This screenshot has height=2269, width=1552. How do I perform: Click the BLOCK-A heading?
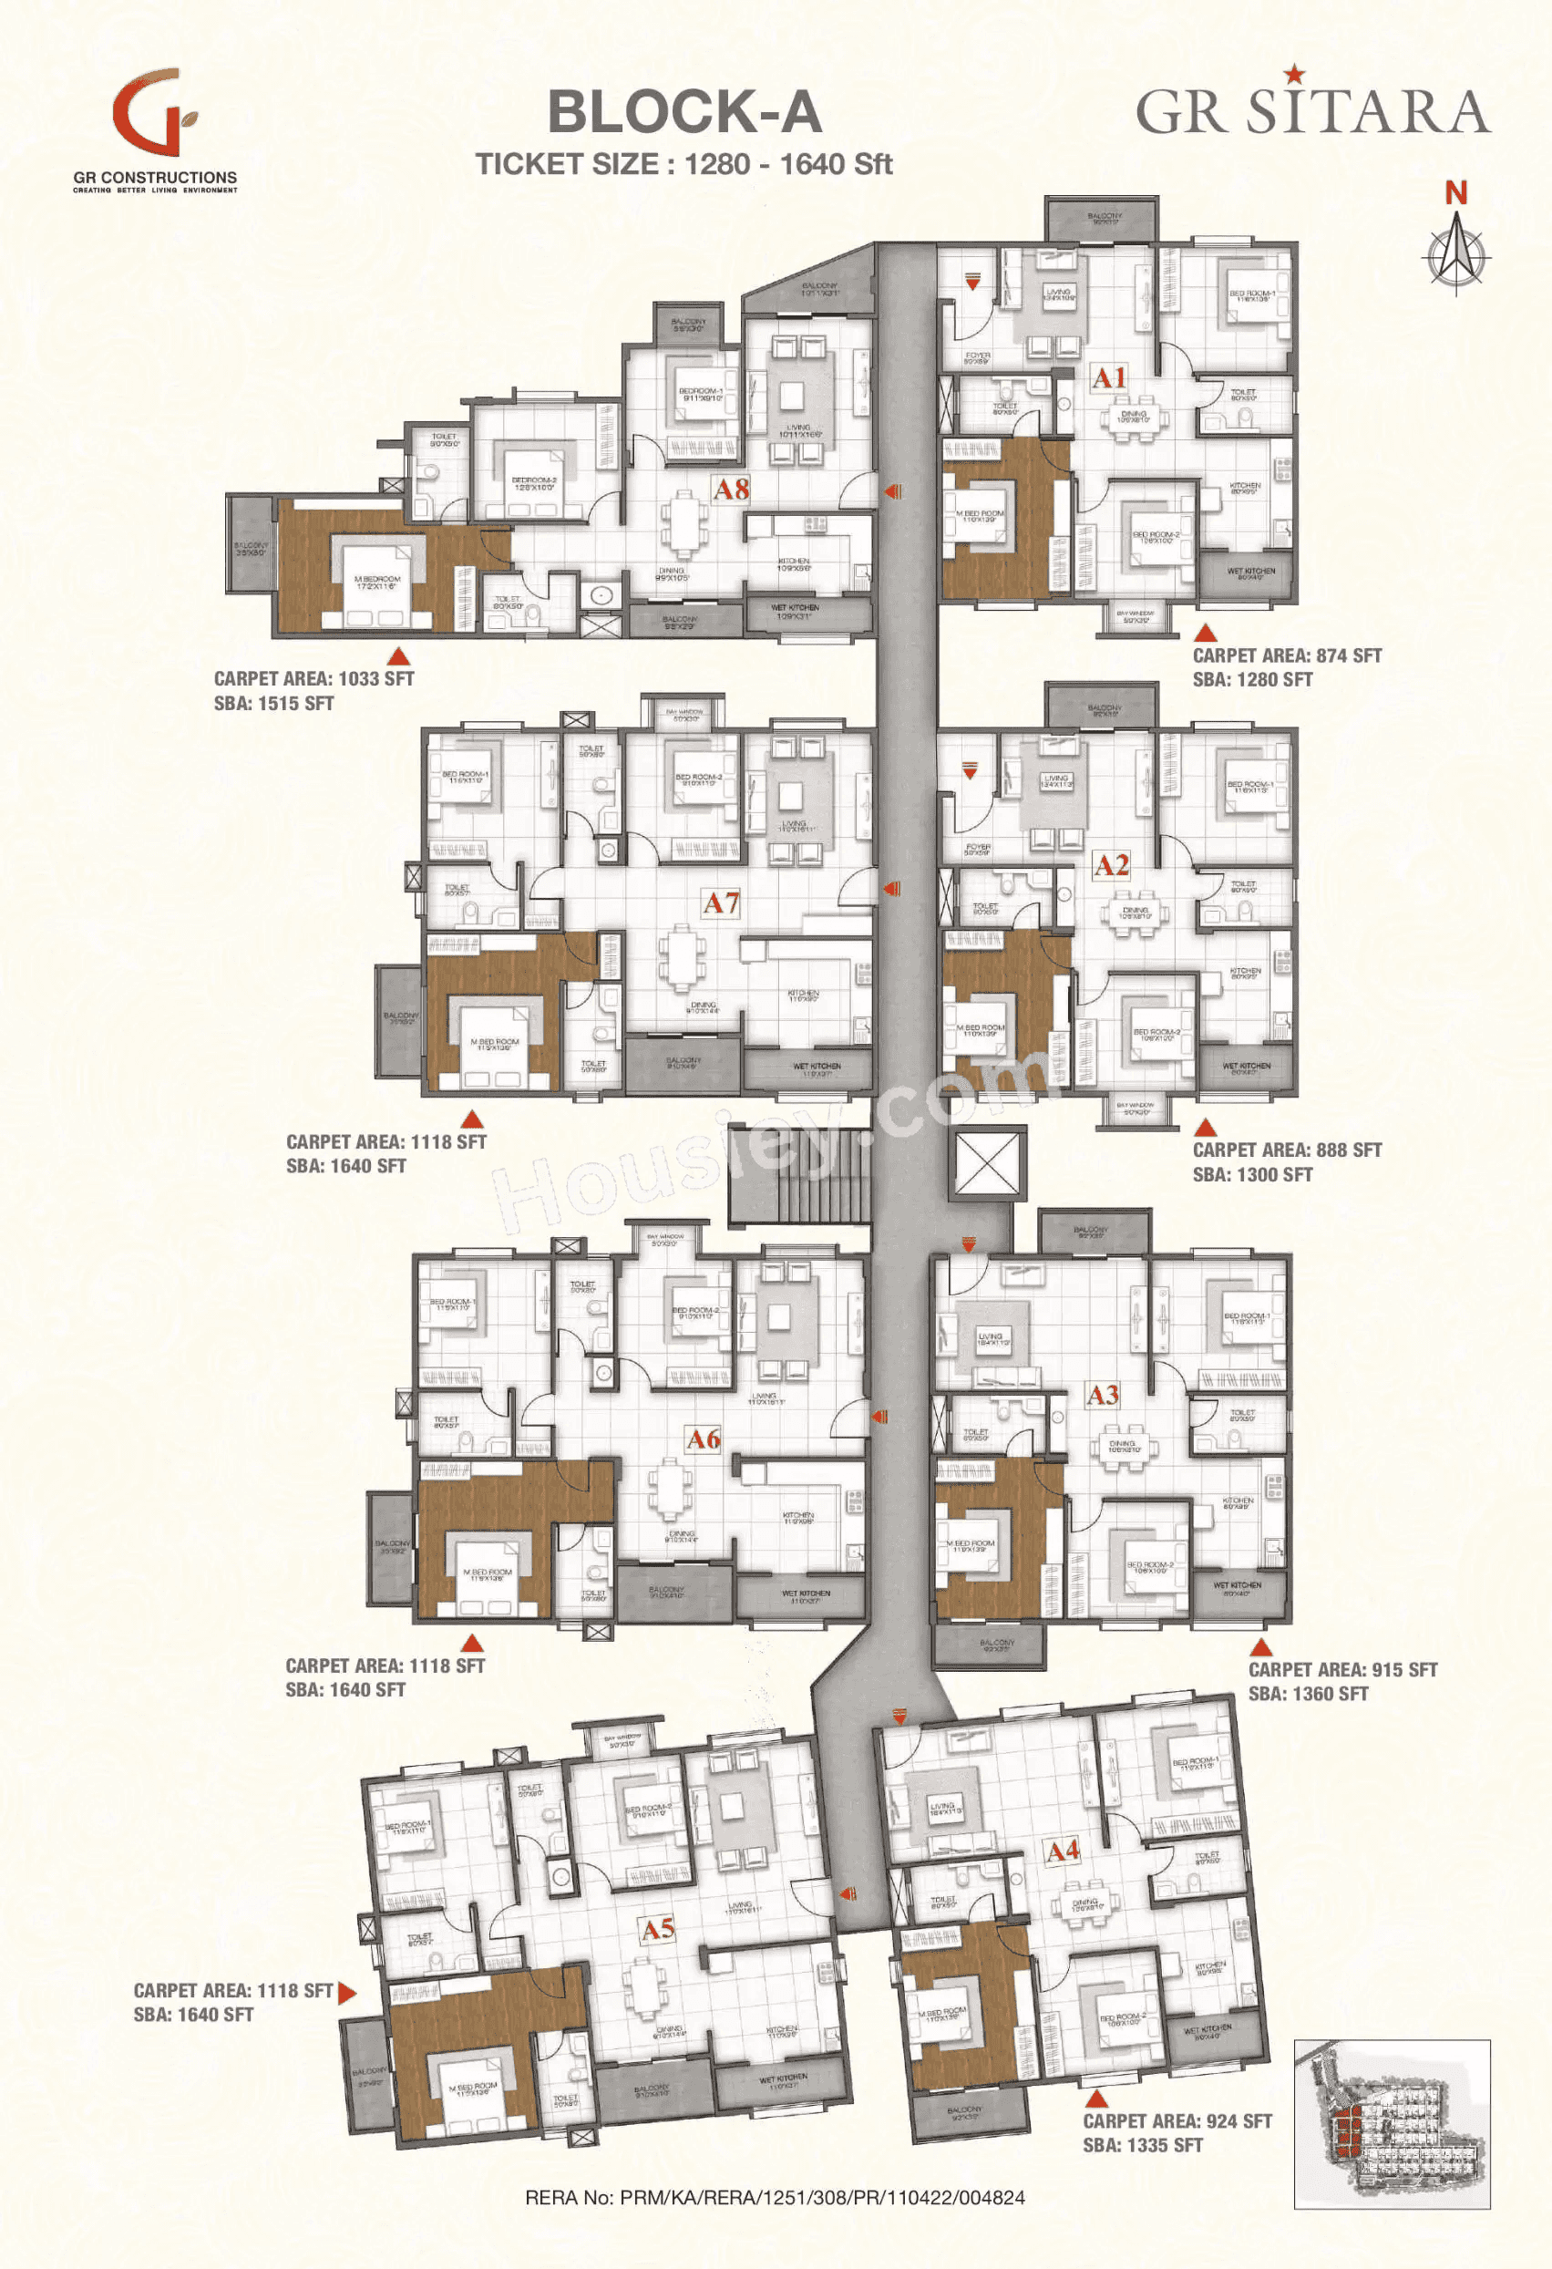pyautogui.click(x=684, y=112)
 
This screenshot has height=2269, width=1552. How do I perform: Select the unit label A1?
pyautogui.click(x=1109, y=376)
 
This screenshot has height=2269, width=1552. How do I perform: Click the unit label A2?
pyautogui.click(x=1111, y=865)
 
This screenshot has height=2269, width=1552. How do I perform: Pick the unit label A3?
pyautogui.click(x=1103, y=1395)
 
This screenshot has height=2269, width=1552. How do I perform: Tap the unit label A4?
pyautogui.click(x=1063, y=1851)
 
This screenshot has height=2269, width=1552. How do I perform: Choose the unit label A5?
pyautogui.click(x=658, y=1928)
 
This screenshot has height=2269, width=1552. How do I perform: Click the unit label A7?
pyautogui.click(x=722, y=903)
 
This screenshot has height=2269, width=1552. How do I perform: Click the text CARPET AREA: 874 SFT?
pyautogui.click(x=1287, y=656)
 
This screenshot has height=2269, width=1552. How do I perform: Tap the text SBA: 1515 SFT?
pyautogui.click(x=273, y=703)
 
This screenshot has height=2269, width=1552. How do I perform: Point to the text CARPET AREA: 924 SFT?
pyautogui.click(x=1177, y=2120)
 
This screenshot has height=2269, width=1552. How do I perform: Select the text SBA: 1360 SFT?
pyautogui.click(x=1308, y=1694)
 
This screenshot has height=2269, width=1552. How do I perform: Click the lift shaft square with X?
pyautogui.click(x=987, y=1161)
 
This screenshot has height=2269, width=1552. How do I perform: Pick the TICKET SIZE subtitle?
pyautogui.click(x=684, y=164)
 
